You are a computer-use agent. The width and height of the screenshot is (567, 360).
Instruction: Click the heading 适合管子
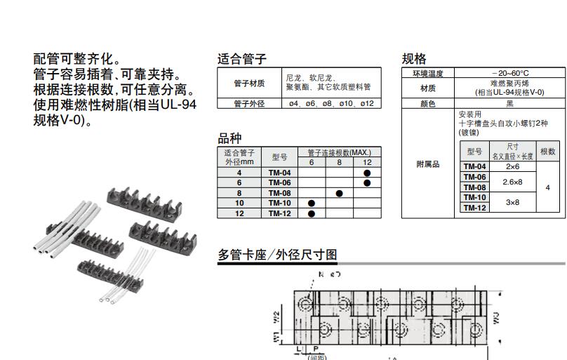[x=241, y=59]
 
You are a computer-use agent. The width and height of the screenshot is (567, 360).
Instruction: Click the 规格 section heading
[x=413, y=59]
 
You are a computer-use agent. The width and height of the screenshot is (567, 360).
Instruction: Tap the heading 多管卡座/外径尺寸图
[x=278, y=255]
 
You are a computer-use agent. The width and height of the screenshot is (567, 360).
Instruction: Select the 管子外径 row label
[x=249, y=103]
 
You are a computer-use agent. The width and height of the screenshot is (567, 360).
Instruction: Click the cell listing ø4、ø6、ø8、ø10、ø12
[x=331, y=103]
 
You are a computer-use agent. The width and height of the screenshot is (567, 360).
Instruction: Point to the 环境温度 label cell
[x=427, y=73]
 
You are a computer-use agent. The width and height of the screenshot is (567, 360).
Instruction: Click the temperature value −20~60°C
[x=510, y=73]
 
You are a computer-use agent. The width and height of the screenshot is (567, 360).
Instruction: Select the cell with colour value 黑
[x=510, y=103]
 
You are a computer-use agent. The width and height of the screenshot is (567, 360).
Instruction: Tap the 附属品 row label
[x=427, y=164]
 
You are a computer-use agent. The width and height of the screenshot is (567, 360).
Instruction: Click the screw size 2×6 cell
[x=512, y=167]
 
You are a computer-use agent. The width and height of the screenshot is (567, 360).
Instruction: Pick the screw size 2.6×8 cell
[x=512, y=182]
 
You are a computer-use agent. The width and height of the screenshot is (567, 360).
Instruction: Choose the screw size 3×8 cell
[x=512, y=202]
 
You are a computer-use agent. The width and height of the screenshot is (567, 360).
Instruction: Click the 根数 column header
[x=547, y=152]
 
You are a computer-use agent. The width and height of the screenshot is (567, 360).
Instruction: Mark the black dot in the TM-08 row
[x=339, y=193]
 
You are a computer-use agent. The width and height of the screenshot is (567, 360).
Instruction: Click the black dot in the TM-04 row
[x=367, y=173]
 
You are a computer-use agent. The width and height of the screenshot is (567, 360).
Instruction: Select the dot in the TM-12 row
[x=312, y=213]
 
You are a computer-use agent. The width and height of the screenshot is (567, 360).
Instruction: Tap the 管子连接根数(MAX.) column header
[x=339, y=152]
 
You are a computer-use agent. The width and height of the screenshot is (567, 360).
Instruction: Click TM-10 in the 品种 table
[x=279, y=204]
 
